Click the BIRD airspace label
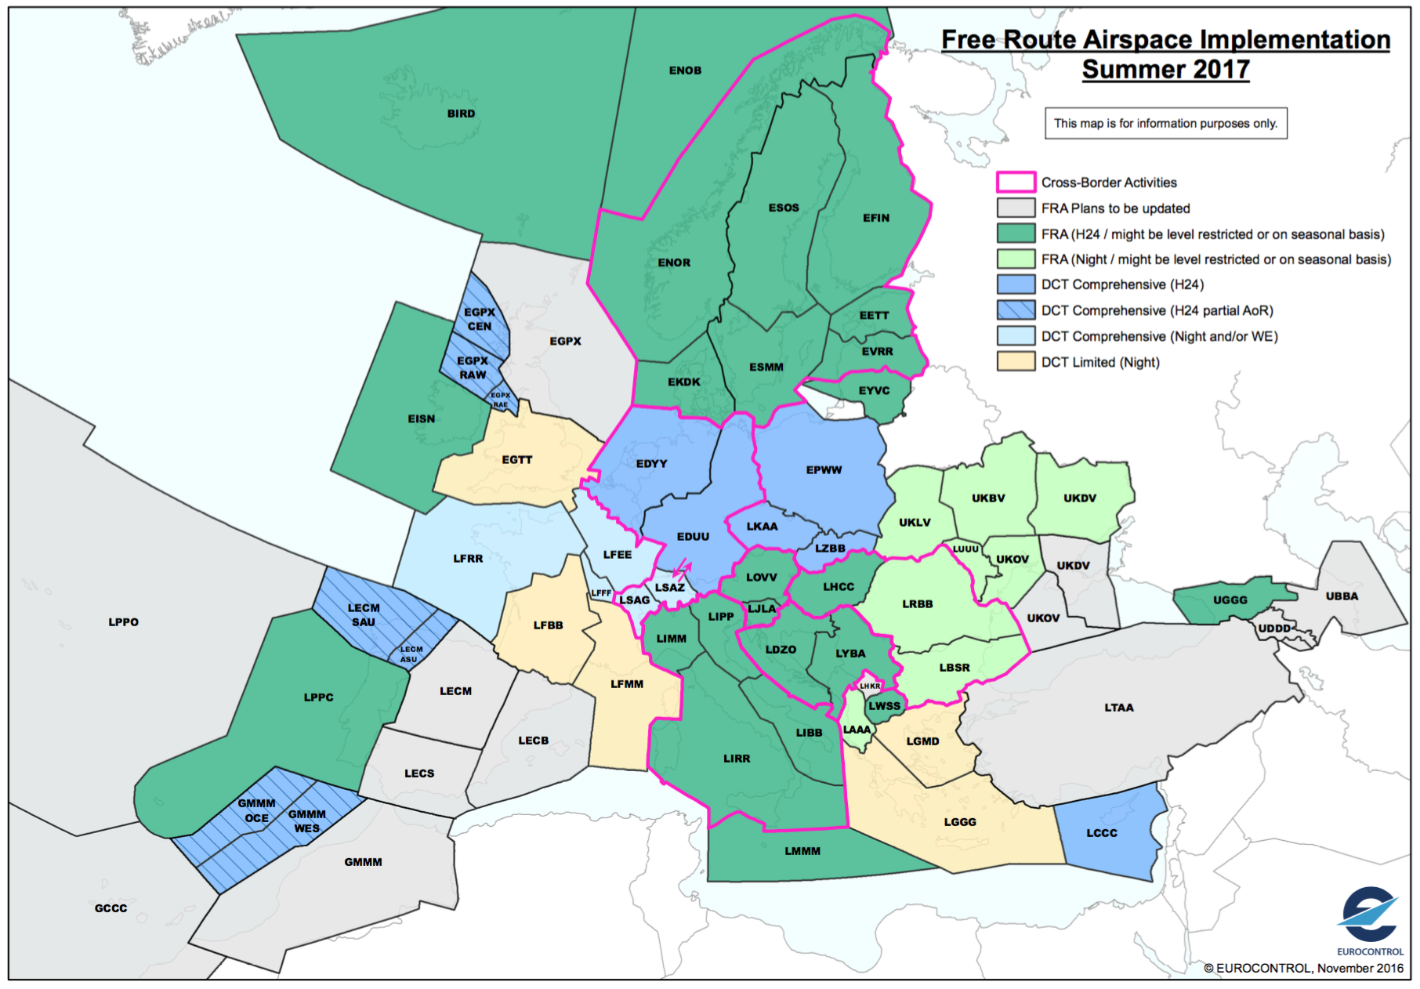461,114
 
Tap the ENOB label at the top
685,71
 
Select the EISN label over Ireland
421,419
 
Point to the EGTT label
517,460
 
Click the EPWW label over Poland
824,470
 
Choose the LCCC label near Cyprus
1102,833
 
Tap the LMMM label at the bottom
802,851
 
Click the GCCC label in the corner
110,908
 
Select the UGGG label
1230,600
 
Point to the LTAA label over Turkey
1119,708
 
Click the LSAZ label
670,588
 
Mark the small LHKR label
870,686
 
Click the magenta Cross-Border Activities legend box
1016,183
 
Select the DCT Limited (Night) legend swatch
1016,362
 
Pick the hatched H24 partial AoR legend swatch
1016,310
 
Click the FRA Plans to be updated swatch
1016,208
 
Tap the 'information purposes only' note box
1165,124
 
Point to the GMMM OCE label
257,811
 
